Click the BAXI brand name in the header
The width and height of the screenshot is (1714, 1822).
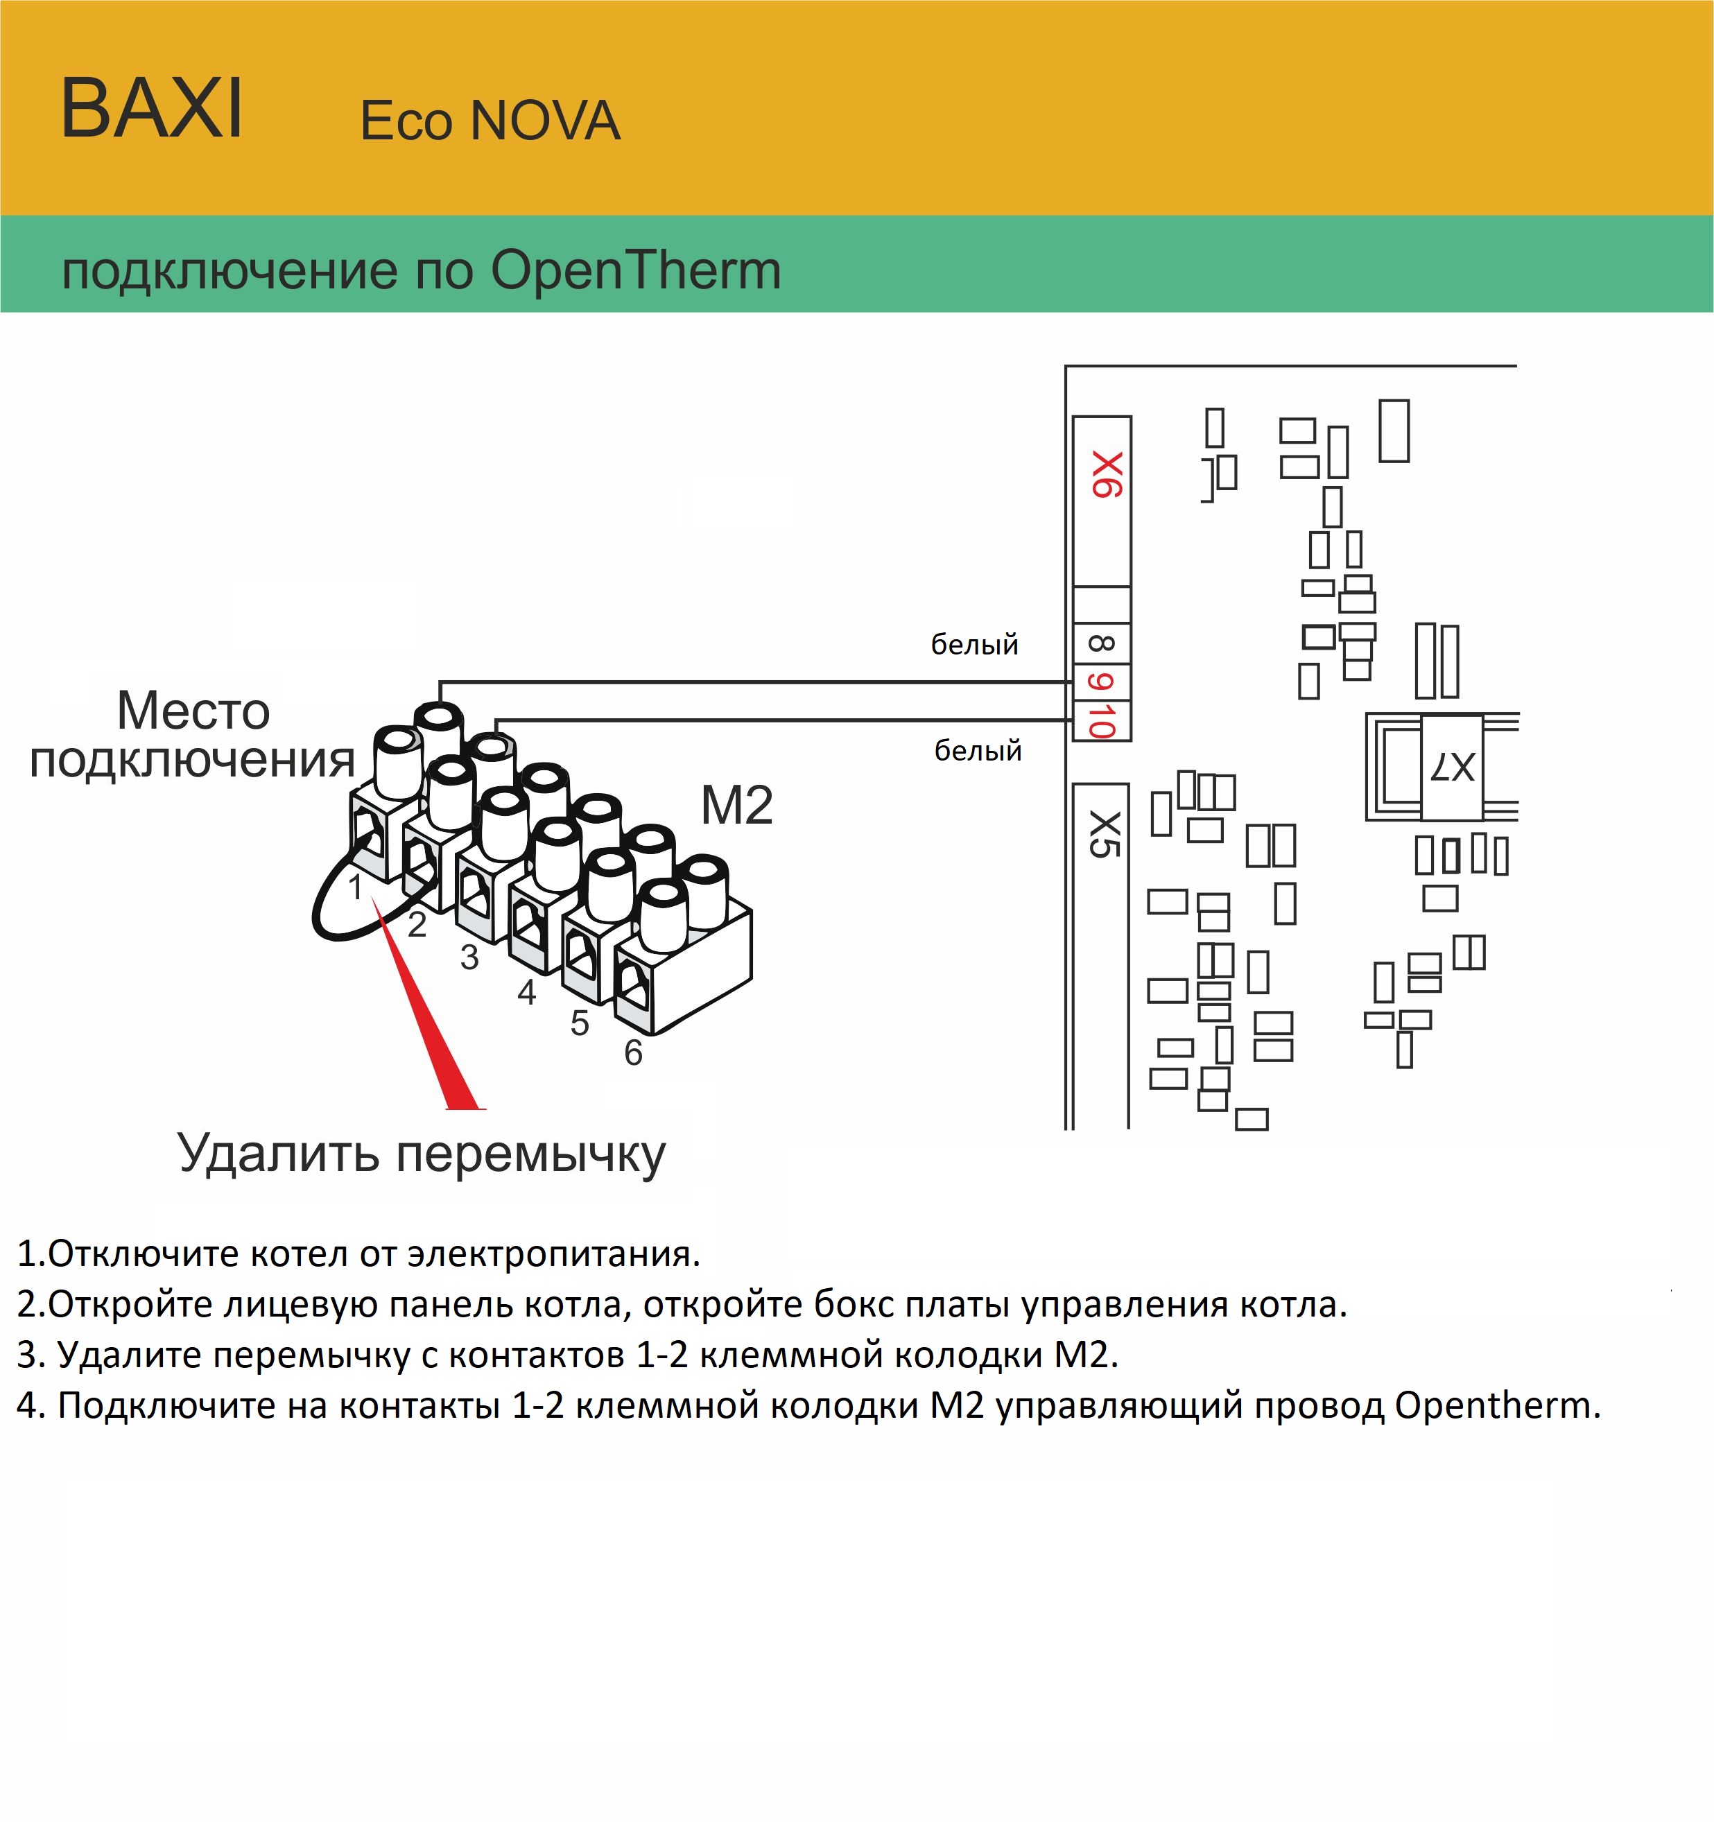[152, 109]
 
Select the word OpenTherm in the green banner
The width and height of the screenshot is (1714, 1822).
[635, 271]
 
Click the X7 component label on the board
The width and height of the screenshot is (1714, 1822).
[1453, 767]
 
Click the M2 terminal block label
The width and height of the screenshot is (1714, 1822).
[736, 806]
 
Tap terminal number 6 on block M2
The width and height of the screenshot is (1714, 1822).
[633, 1053]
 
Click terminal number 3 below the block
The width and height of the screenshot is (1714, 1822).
[469, 957]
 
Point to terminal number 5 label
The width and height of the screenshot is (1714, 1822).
[579, 1023]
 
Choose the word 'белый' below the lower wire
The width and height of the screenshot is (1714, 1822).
[978, 752]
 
